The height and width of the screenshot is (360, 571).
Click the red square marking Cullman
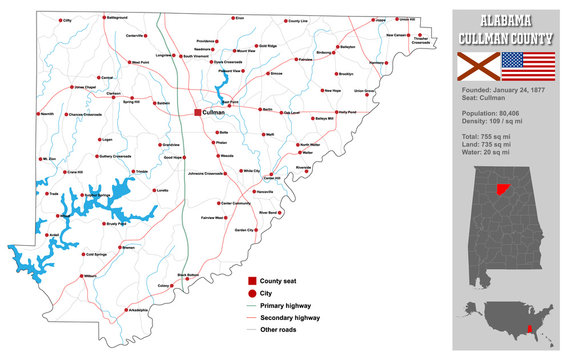pos(198,113)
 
